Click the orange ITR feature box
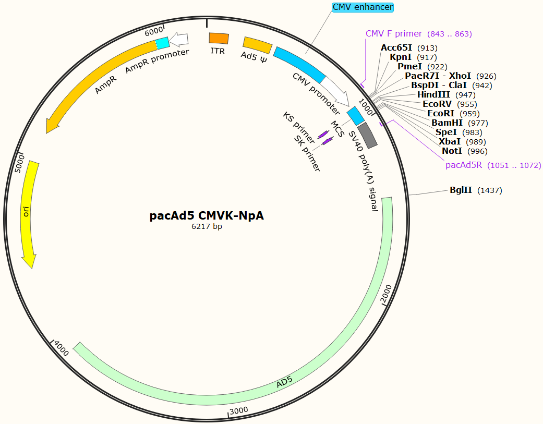[219, 38]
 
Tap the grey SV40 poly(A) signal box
[367, 135]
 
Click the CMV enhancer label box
[363, 7]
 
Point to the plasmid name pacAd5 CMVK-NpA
[207, 215]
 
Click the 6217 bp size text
[207, 226]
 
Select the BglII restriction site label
[461, 190]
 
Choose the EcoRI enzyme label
[440, 113]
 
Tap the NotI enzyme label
[452, 151]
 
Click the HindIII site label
[435, 94]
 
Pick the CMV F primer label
[394, 34]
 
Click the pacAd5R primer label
[464, 165]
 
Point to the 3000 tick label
[239, 410]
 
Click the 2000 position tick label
[386, 294]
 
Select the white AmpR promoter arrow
[179, 39]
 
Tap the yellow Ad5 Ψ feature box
[258, 45]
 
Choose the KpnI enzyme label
[401, 57]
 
